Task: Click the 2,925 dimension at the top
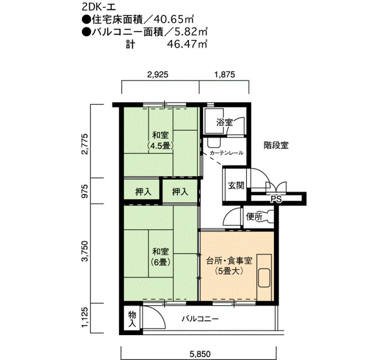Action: click(x=157, y=74)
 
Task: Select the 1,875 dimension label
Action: click(x=224, y=74)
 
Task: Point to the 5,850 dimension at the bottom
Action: click(x=200, y=354)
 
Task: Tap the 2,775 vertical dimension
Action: click(x=85, y=143)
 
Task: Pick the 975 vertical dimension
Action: click(x=85, y=191)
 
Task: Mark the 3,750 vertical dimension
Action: click(x=85, y=251)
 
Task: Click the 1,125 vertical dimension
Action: click(x=85, y=317)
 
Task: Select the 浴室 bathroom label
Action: click(x=224, y=122)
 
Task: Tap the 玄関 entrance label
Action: click(x=236, y=185)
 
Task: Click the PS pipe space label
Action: click(x=276, y=199)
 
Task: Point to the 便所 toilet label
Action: click(x=254, y=217)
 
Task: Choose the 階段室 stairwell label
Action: click(x=276, y=145)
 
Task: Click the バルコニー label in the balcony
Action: click(x=200, y=318)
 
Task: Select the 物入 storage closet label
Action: click(x=132, y=319)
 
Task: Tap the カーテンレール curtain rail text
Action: click(x=226, y=153)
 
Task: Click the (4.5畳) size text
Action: click(x=160, y=146)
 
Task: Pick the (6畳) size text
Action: click(x=160, y=262)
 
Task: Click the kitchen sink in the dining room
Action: click(x=264, y=277)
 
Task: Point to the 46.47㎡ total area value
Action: click(x=187, y=44)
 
